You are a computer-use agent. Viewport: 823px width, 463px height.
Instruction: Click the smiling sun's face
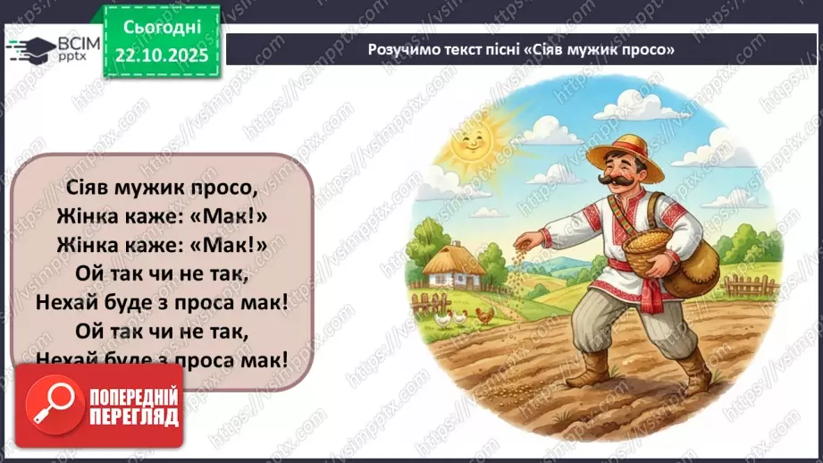(x=467, y=144)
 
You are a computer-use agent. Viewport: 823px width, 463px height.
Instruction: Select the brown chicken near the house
(x=483, y=315)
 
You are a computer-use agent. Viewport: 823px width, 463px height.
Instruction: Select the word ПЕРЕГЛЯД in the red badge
(x=134, y=417)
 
